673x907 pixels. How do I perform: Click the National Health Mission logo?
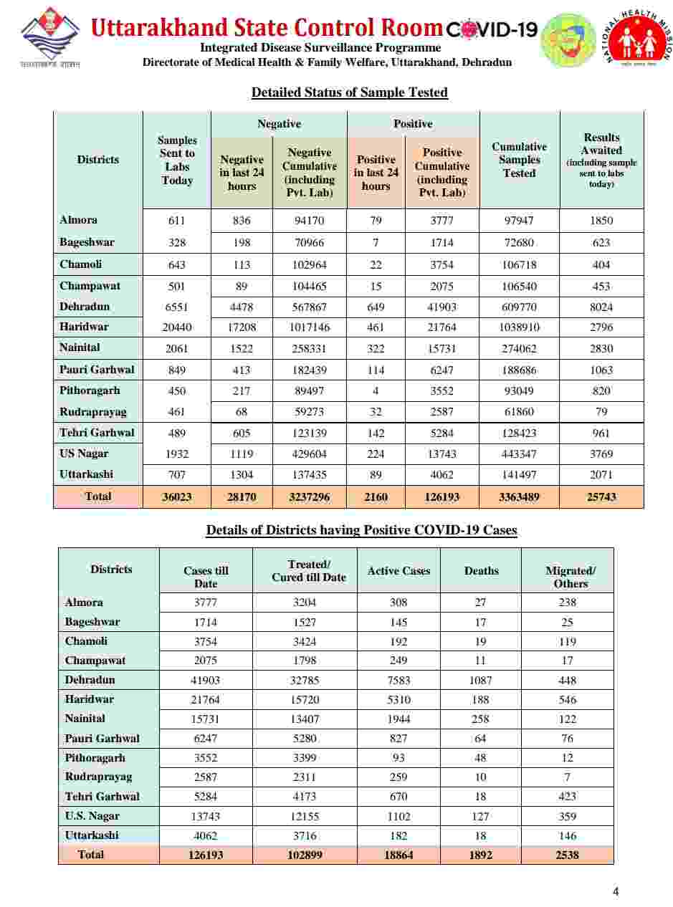coord(637,39)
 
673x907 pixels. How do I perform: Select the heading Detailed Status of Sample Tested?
coord(349,92)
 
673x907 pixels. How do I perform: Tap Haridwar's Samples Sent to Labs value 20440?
coord(176,327)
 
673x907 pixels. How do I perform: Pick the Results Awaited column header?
coord(601,160)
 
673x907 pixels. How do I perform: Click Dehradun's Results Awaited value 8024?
coord(601,307)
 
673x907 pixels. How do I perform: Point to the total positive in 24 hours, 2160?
coord(376,497)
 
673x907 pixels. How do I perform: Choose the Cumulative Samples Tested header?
coord(519,160)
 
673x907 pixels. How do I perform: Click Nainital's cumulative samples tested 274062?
coord(519,348)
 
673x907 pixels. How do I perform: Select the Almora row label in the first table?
coord(79,220)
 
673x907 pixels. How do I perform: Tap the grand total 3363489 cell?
coord(519,497)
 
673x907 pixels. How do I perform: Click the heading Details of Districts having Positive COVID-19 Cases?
coord(361,531)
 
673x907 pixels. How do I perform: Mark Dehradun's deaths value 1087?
coord(480,680)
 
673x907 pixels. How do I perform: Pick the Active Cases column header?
coord(398,571)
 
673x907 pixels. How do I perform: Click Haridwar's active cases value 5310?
coord(398,700)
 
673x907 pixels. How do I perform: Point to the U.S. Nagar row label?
coord(92,816)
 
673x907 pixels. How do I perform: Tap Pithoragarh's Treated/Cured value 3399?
coord(309,758)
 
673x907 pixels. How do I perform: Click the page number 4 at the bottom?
coord(616,892)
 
